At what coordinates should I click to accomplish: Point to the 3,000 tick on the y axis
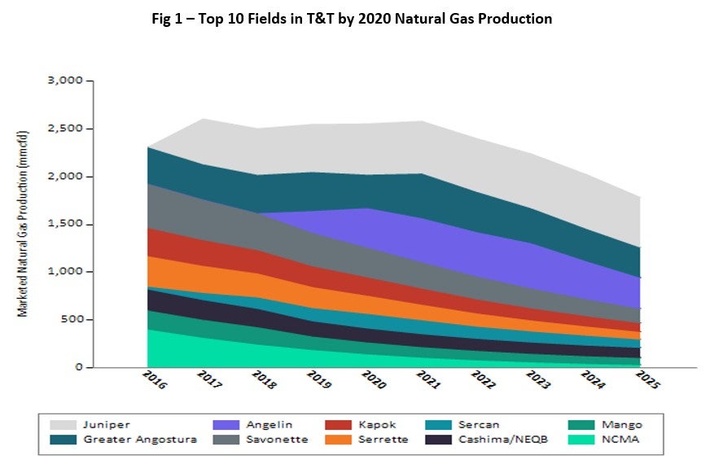[x=68, y=81]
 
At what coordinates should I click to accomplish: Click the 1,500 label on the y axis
[x=68, y=224]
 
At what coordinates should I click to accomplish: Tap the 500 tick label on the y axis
[x=73, y=319]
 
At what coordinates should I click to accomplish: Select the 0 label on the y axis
[x=79, y=367]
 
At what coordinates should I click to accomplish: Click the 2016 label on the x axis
[x=153, y=380]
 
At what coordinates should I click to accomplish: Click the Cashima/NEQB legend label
[x=492, y=440]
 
